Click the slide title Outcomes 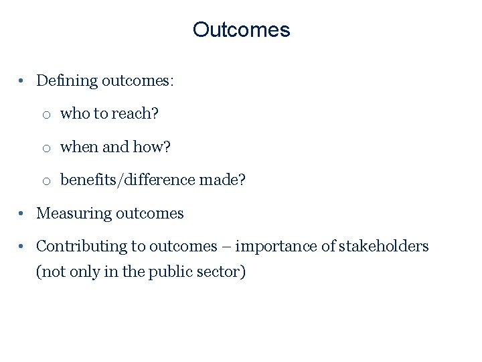pos(241,30)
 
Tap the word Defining pos(67,81)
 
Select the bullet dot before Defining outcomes pos(22,81)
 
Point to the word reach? pos(135,114)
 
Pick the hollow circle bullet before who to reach pos(46,115)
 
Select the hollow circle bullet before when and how pos(46,147)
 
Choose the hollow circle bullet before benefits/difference pos(46,180)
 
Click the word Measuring pos(74,213)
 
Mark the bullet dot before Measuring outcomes pos(22,213)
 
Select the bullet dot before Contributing pos(22,246)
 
